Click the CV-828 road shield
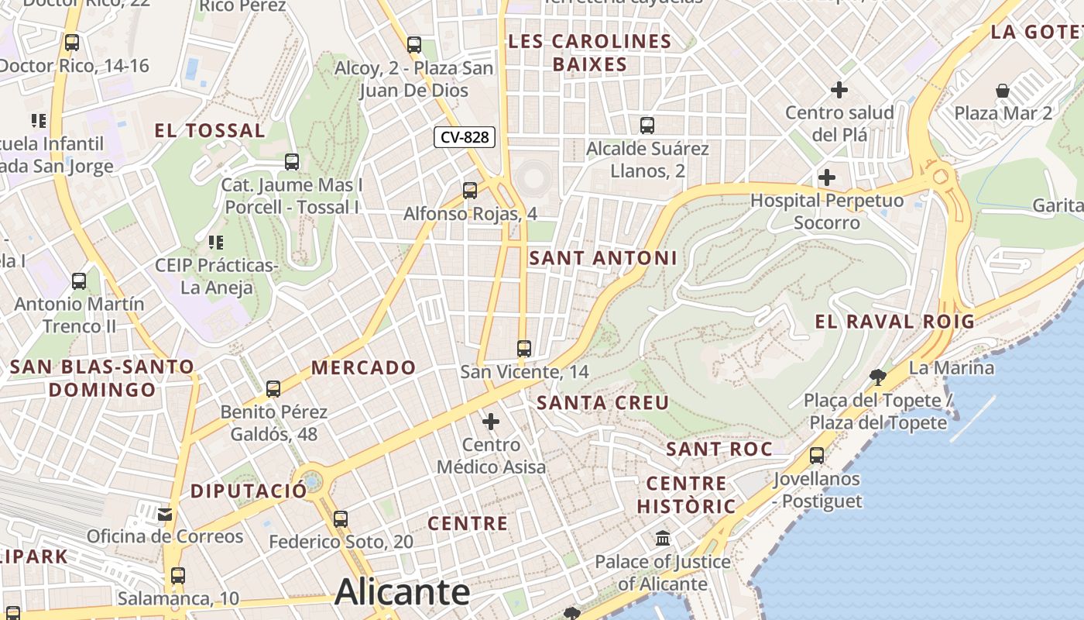tap(464, 137)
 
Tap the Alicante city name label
tap(402, 593)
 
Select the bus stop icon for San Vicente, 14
tap(524, 349)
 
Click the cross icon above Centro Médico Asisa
tap(491, 422)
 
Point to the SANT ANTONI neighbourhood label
tap(603, 258)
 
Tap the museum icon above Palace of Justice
tap(663, 538)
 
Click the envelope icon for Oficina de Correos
tap(165, 514)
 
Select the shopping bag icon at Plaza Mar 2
tap(1003, 91)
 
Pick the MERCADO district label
tap(363, 367)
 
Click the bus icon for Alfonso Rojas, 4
tap(470, 190)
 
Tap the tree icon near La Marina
tap(877, 377)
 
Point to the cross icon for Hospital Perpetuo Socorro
tap(827, 177)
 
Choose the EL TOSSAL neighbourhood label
tap(210, 130)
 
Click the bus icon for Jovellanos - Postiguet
tap(817, 456)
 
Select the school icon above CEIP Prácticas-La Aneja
tap(216, 243)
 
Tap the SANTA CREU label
tap(602, 402)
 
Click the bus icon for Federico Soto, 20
tap(341, 519)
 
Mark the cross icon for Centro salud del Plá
tap(839, 90)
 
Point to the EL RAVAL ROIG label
tap(894, 322)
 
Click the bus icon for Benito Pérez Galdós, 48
tap(273, 389)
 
